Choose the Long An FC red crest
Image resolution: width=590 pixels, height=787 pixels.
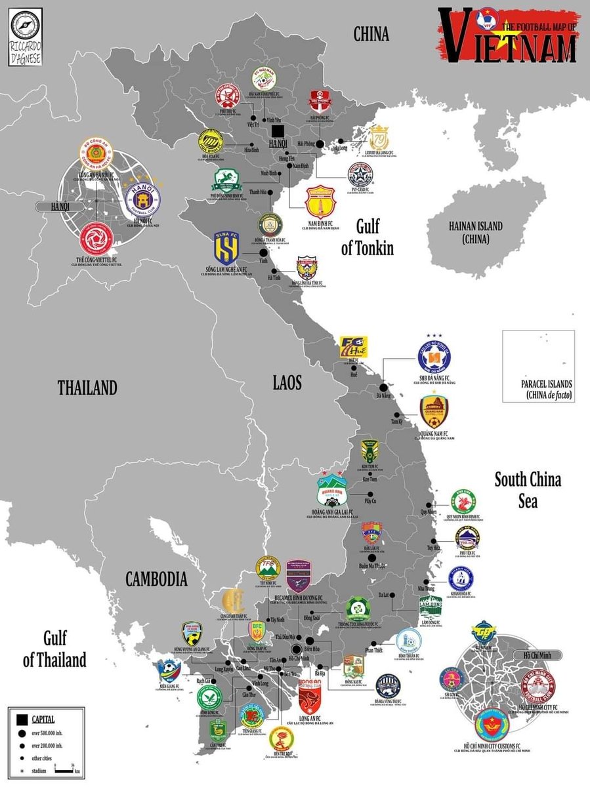(310, 698)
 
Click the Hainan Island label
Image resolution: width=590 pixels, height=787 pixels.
(476, 232)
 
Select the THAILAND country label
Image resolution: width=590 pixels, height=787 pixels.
(87, 387)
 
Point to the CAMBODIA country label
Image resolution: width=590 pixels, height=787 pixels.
(157, 580)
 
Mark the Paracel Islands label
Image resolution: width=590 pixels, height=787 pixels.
(547, 389)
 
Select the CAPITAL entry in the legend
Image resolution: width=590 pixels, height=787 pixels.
(44, 719)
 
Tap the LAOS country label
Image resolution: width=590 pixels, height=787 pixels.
(287, 382)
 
